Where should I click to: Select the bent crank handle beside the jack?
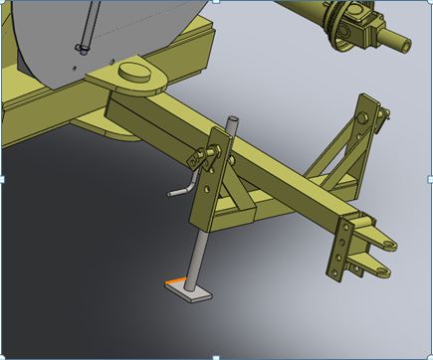(x=179, y=187)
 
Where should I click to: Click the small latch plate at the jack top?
(x=208, y=154)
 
